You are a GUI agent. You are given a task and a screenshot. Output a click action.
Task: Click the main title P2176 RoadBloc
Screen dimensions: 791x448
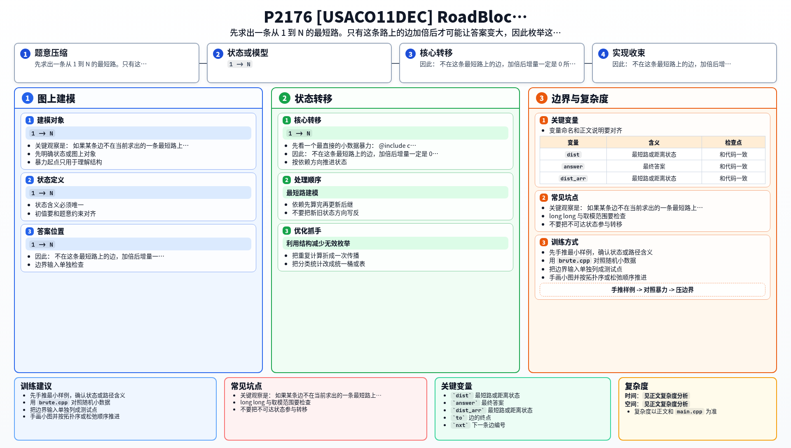point(395,17)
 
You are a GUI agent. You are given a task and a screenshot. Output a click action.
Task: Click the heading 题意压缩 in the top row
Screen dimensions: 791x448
point(51,53)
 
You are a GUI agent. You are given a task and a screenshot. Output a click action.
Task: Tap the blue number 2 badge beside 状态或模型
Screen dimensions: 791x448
point(218,54)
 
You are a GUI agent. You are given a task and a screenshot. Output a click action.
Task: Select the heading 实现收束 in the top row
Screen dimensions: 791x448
point(629,53)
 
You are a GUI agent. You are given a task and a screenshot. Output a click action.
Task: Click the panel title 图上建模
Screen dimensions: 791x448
point(56,99)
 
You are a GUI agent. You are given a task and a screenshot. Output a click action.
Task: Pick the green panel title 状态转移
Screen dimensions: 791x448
point(314,99)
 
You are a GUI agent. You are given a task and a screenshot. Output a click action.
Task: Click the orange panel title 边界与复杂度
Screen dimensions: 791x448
point(580,99)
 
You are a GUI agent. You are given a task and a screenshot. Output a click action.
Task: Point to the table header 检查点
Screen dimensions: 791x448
point(733,142)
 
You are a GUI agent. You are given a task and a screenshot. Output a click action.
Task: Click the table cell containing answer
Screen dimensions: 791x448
point(573,166)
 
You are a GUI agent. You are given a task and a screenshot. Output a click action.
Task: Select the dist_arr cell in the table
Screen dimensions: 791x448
point(573,178)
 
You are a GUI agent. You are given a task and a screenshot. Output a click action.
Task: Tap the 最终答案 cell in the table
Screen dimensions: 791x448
point(654,166)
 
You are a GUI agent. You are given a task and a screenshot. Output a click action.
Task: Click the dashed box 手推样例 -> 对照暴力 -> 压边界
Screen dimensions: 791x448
point(653,290)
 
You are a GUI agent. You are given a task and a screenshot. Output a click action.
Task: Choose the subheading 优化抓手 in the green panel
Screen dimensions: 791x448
point(307,231)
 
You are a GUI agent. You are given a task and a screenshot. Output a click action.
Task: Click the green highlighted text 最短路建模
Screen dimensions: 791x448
point(302,193)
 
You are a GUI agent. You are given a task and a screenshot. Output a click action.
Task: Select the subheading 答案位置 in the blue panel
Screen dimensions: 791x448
point(51,231)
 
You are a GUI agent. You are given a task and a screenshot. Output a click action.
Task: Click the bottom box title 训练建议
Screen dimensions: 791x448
point(36,386)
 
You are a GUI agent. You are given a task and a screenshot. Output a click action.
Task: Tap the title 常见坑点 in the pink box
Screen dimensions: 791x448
point(246,386)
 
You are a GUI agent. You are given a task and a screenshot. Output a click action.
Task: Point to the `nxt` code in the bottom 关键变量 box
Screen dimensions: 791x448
point(461,425)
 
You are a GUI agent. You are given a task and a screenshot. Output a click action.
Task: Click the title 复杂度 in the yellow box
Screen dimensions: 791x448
point(637,386)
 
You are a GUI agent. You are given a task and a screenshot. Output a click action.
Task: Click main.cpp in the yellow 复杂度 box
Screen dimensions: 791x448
point(689,411)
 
